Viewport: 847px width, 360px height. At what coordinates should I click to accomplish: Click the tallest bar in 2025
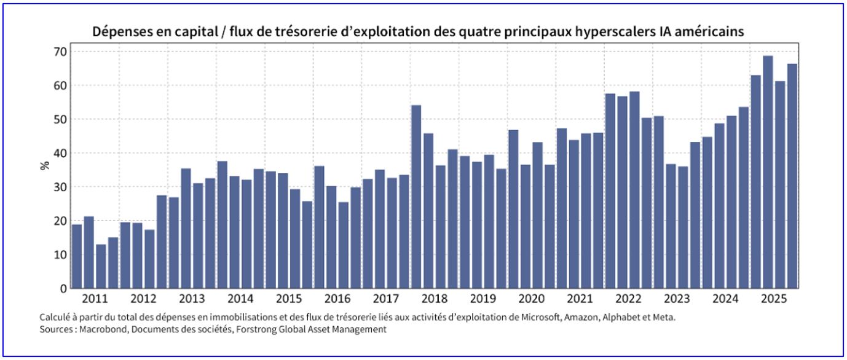click(768, 172)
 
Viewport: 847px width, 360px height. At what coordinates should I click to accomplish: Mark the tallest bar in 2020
click(513, 209)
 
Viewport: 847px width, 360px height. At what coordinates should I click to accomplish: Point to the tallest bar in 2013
click(186, 228)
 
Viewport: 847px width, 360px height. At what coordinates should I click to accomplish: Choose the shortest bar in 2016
click(343, 245)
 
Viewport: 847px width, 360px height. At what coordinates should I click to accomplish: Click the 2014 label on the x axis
click(240, 299)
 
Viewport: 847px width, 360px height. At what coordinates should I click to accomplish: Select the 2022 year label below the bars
click(629, 299)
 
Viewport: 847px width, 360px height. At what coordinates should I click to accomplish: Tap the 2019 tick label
click(483, 299)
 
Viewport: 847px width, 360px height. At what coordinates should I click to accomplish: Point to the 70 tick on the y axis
click(59, 52)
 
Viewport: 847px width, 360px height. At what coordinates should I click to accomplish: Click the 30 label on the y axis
click(59, 187)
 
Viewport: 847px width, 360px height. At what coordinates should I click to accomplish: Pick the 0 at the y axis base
click(62, 288)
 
